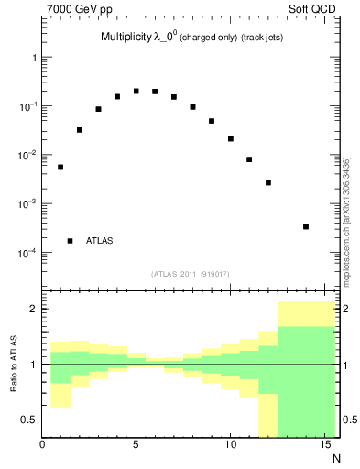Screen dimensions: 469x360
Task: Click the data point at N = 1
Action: [60, 167]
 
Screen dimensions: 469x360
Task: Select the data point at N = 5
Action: [136, 91]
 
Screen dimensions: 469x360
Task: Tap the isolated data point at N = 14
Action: [306, 226]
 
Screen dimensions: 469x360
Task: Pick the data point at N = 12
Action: [268, 182]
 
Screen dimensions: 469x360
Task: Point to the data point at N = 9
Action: [212, 121]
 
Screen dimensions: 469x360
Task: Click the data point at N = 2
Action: [80, 130]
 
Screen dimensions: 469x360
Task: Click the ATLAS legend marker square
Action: [71, 241]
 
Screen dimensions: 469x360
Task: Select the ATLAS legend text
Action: [100, 241]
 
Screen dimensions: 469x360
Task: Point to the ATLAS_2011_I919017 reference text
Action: [190, 273]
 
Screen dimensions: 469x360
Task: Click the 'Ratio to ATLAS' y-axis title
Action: [14, 363]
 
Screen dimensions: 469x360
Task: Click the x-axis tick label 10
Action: [230, 445]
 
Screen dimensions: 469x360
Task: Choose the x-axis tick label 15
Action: [324, 445]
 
